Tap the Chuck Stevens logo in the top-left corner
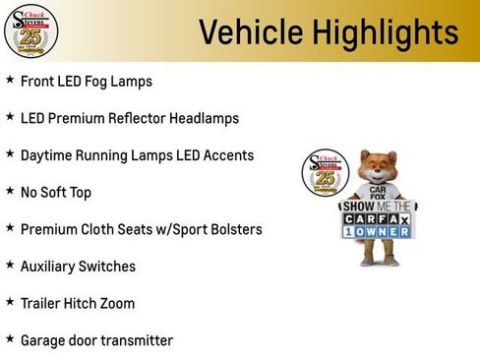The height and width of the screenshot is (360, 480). tap(30, 30)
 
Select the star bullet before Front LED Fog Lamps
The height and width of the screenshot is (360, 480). tap(10, 80)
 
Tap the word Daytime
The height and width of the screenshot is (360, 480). tap(48, 155)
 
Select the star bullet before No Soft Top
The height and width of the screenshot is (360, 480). tap(10, 192)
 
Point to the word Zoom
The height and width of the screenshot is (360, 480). tap(118, 304)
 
